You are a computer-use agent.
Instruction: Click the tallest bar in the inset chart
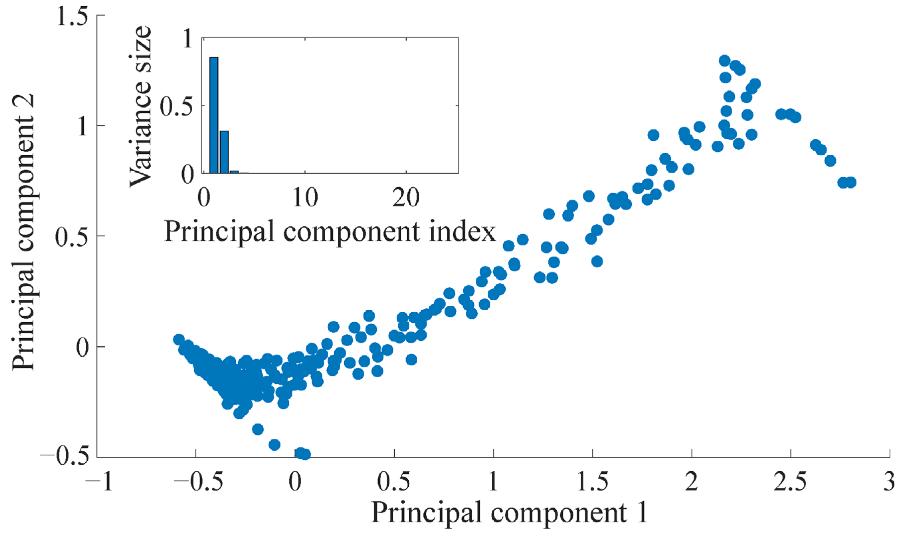tap(214, 115)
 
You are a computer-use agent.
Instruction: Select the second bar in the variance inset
tap(224, 152)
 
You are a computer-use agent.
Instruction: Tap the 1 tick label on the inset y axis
tap(188, 39)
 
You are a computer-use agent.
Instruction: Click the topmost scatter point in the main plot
tap(724, 60)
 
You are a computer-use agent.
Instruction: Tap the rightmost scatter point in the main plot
tap(851, 183)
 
